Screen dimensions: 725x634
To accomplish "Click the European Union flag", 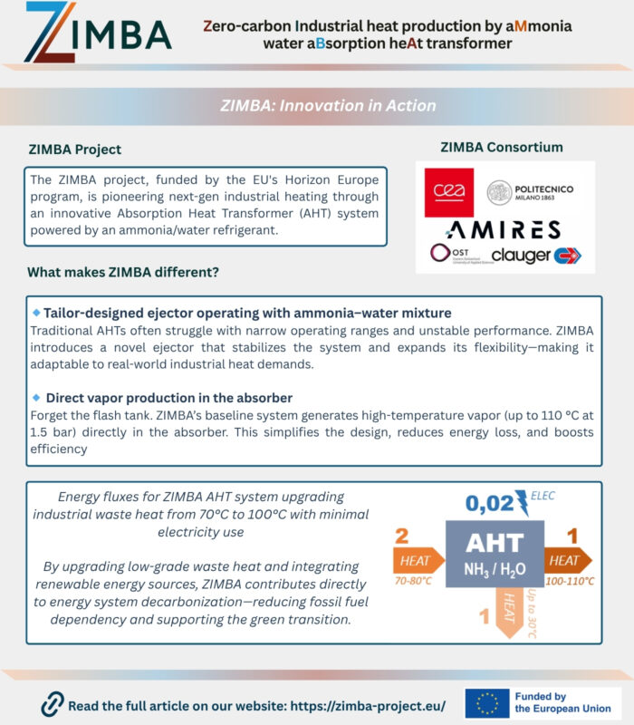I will pos(488,702).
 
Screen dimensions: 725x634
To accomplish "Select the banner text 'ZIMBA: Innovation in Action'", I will pos(328,105).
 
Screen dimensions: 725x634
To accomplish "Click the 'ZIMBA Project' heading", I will pos(74,149).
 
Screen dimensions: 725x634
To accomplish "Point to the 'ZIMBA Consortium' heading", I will pos(501,147).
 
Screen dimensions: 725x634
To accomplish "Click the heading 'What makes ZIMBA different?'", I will pos(123,272).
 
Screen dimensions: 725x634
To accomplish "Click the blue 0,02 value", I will pos(489,503).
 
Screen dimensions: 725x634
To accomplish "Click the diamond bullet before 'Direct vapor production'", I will pos(36,398).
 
